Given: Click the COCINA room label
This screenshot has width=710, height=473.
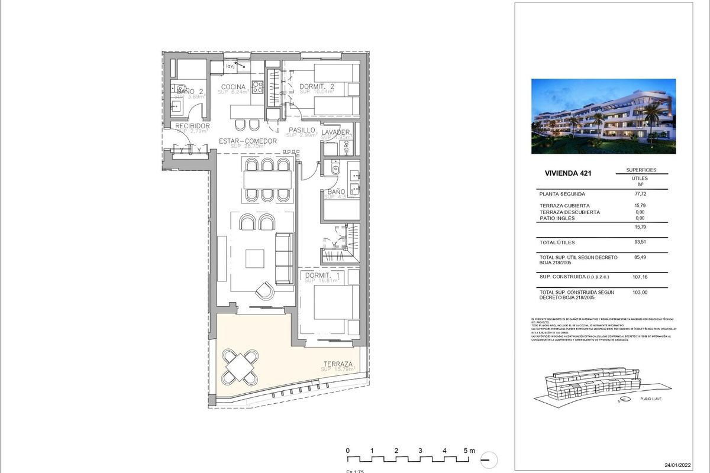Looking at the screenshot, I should [233, 87].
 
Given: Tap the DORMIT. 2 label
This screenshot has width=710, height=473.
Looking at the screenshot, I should [317, 86].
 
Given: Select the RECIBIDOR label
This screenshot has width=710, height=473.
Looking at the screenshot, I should [192, 126].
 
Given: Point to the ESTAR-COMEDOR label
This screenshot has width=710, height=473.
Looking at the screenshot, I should [248, 141].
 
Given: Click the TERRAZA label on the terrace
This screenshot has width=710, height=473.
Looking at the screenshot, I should [338, 364].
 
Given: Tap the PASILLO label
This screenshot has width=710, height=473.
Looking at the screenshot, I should [302, 130].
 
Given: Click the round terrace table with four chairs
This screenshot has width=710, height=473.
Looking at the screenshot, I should [240, 365].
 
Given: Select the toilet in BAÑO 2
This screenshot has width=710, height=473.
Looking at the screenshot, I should [180, 89].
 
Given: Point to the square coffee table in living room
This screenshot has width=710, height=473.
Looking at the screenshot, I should [255, 258].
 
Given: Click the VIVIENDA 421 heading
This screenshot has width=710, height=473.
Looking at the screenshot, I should [567, 174].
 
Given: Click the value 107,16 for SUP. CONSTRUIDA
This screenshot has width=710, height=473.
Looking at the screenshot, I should [641, 276].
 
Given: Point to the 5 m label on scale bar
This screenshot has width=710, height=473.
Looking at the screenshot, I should [469, 451].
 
